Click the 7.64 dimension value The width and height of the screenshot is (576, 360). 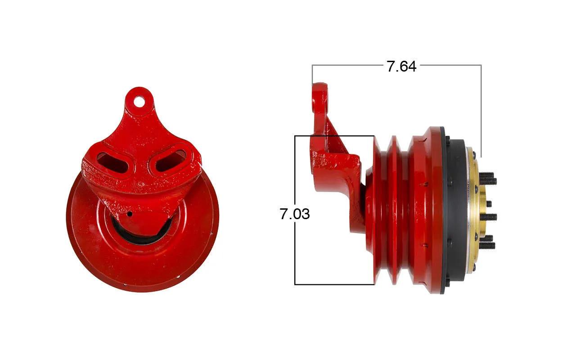coord(401,66)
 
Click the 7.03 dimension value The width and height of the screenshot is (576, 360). coord(295,214)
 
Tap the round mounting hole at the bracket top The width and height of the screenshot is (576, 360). coord(139,101)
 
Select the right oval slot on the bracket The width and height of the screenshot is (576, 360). coord(171,161)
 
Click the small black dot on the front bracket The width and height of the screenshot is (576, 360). coord(130,214)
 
